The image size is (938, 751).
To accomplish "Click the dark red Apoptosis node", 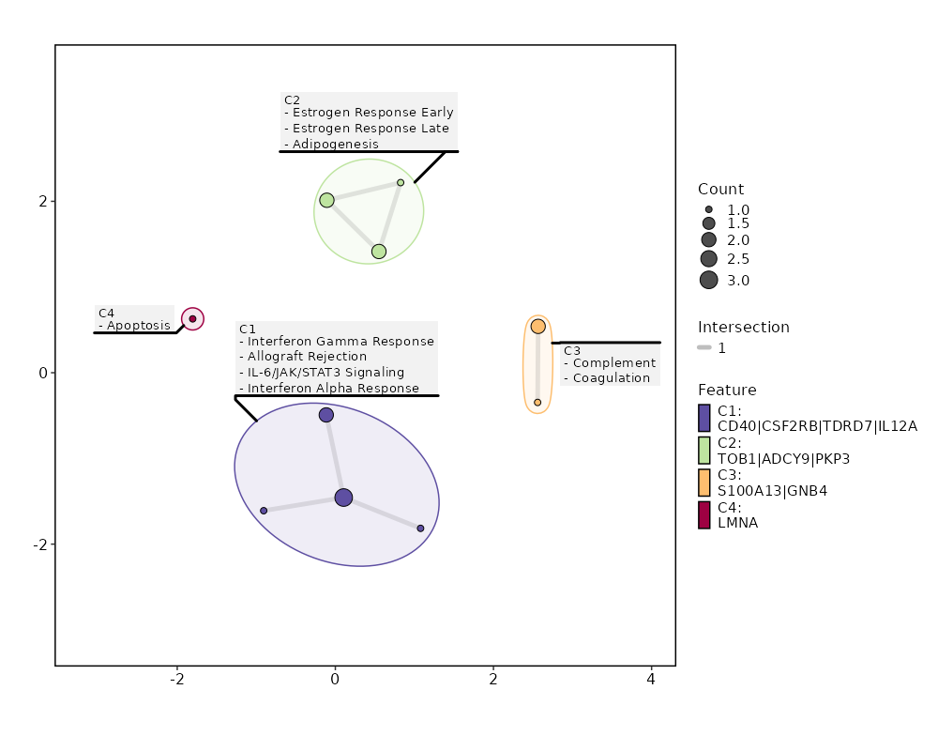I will [x=192, y=319].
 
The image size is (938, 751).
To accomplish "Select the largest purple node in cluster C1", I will [x=343, y=498].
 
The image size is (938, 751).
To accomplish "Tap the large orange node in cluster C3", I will [x=537, y=327].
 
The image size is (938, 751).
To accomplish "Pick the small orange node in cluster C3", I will [x=537, y=402].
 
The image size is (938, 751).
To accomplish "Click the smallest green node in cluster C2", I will [x=401, y=183].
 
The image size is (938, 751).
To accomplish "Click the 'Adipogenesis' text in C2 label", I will [x=335, y=145].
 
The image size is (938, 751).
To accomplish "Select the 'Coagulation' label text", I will [x=611, y=378].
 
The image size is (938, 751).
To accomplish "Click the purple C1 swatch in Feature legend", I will [x=704, y=418].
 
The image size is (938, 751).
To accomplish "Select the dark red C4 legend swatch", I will [x=704, y=515].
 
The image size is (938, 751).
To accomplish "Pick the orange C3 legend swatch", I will [x=704, y=483].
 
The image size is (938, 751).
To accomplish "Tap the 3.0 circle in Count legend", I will [x=708, y=280].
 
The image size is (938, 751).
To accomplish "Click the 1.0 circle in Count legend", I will [x=708, y=209].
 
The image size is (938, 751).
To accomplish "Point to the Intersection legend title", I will [x=743, y=328].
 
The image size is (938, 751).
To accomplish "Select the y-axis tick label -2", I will [x=40, y=544].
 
